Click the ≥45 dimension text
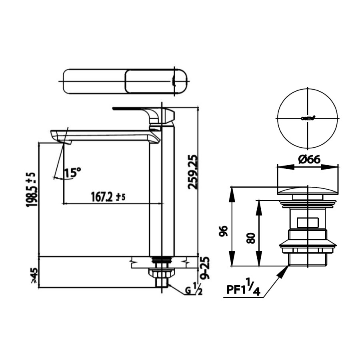coord(34,276)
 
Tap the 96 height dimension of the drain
coord(224,231)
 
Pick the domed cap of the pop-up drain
coord(308,191)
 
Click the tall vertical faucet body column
coord(162,192)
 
